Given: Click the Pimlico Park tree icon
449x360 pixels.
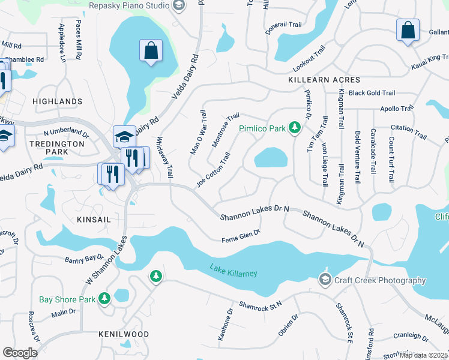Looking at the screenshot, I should [294, 127].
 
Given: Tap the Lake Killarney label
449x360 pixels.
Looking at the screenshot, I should [234, 270].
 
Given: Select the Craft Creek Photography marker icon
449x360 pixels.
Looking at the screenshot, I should [325, 280].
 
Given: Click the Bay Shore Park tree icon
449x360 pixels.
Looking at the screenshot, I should [104, 298].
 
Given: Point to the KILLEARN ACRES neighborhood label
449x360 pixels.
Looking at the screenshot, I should [324, 80].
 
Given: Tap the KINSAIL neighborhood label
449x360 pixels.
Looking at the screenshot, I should [94, 220].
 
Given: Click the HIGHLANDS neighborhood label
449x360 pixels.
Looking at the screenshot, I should [58, 102].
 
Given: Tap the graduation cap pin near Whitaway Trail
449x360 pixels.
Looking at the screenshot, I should [124, 136].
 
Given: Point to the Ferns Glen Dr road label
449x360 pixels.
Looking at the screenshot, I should [241, 235].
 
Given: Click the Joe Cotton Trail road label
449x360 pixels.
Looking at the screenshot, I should [214, 169].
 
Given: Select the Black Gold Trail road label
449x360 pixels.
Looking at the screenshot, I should [372, 93].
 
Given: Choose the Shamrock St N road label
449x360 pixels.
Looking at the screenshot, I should [260, 305].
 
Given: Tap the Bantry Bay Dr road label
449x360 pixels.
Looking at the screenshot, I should [85, 259].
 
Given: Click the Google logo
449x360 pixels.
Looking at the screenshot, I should [20, 352].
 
